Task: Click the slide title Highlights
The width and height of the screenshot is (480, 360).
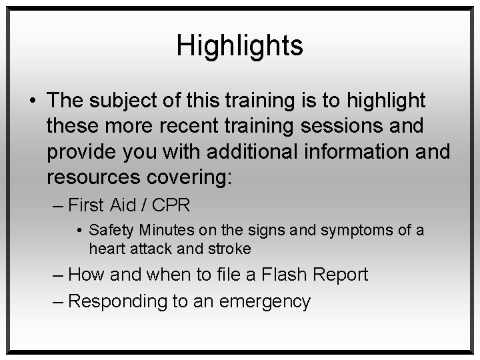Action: (x=239, y=46)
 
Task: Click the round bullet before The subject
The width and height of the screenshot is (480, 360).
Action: (x=33, y=100)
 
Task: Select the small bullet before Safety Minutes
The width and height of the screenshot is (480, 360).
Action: (x=80, y=231)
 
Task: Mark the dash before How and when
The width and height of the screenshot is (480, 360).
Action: (x=57, y=275)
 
